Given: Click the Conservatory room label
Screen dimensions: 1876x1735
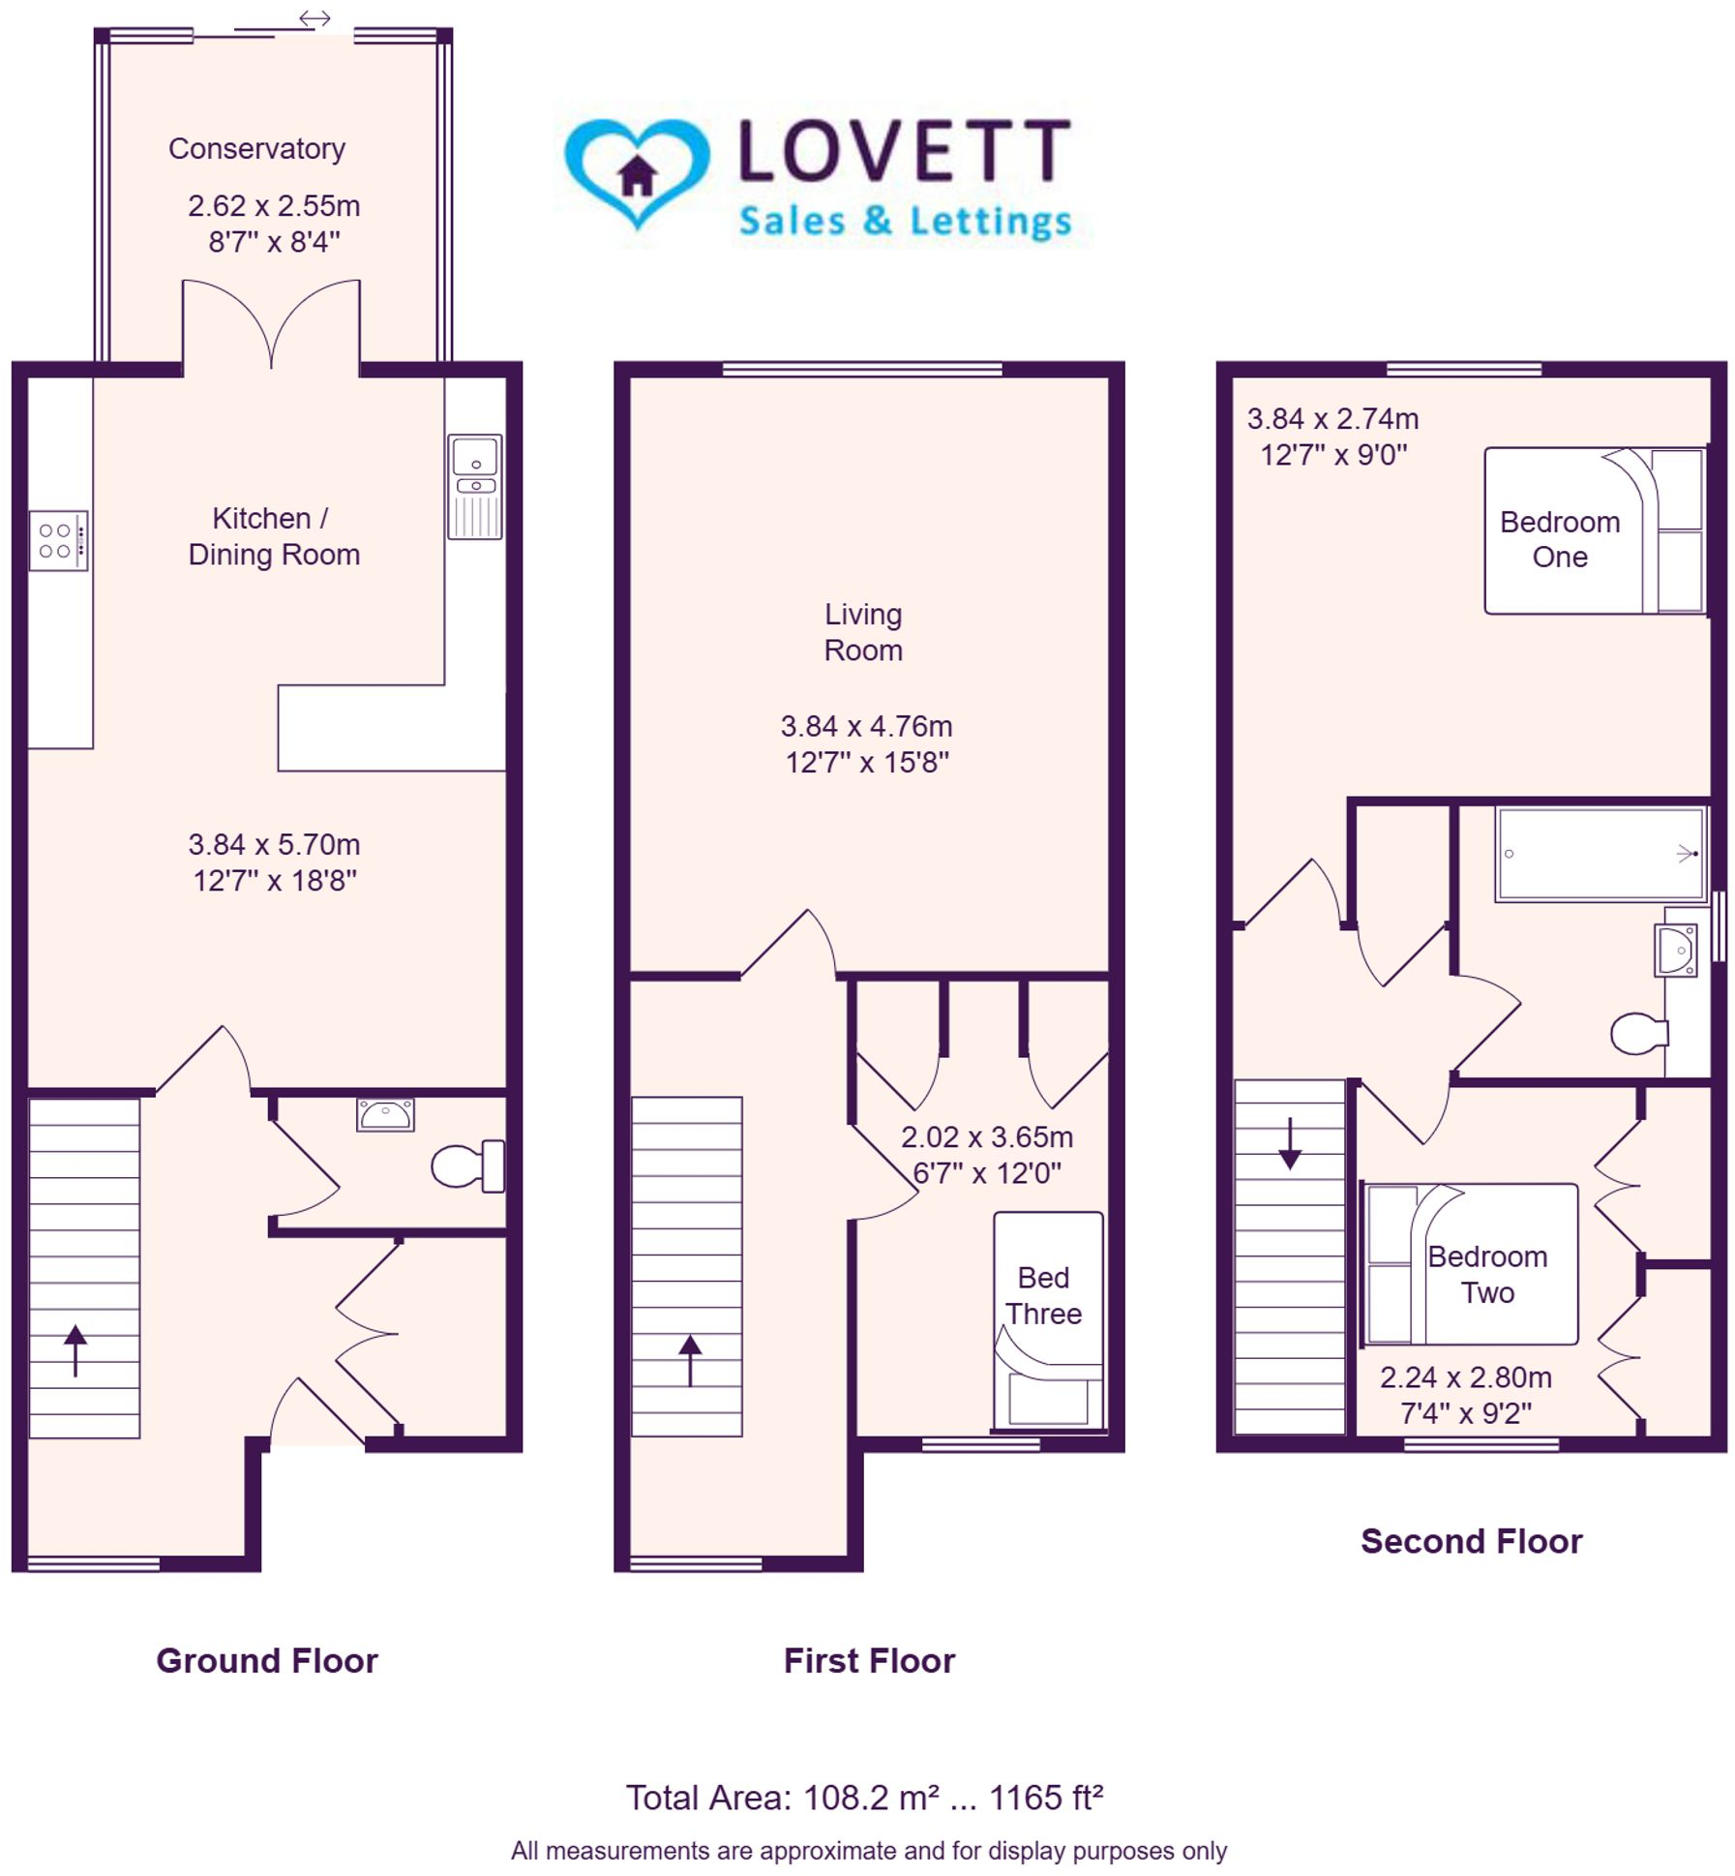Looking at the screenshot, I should pyautogui.click(x=256, y=148).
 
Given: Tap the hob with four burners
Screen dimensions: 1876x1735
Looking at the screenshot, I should pyautogui.click(x=58, y=540).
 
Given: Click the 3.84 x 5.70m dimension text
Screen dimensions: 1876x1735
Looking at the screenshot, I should pyautogui.click(x=274, y=844).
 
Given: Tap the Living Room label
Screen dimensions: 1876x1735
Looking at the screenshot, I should pyautogui.click(x=862, y=631).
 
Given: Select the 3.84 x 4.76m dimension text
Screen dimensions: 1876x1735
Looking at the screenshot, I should pyautogui.click(x=866, y=726).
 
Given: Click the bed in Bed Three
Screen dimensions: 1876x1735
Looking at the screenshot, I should pyautogui.click(x=1048, y=1320).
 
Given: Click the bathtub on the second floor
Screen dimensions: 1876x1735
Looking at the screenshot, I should pyautogui.click(x=1600, y=854).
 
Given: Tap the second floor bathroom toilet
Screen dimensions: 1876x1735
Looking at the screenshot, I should pyautogui.click(x=1637, y=1033).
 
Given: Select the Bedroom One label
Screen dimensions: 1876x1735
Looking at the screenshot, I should pyautogui.click(x=1559, y=538).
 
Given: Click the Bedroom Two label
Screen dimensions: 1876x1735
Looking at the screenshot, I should pyautogui.click(x=1487, y=1274).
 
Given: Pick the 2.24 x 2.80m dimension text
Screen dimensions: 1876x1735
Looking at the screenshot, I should pyautogui.click(x=1465, y=1377).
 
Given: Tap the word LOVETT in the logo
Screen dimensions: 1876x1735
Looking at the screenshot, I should pyautogui.click(x=904, y=151).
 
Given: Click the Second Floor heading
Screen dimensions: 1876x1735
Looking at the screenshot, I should pyautogui.click(x=1470, y=1541).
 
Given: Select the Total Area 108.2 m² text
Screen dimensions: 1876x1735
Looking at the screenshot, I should pyautogui.click(x=864, y=1798).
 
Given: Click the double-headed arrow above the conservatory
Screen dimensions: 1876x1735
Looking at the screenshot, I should pyautogui.click(x=314, y=18).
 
